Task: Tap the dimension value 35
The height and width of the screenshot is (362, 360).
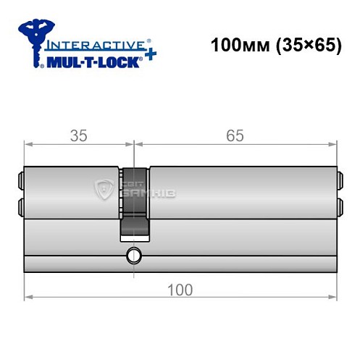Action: pos(79,135)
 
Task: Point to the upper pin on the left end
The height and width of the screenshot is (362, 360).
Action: pos(19,179)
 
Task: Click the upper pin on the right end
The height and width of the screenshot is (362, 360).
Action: pos(338,179)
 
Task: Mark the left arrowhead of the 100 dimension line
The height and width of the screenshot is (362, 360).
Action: pos(28,296)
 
